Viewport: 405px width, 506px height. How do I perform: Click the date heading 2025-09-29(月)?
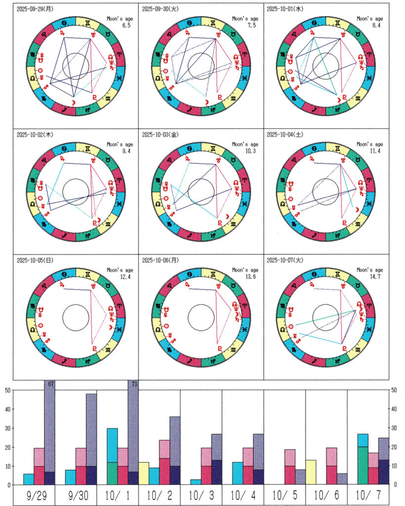pos(36,9)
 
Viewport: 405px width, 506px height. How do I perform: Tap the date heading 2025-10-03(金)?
pos(161,134)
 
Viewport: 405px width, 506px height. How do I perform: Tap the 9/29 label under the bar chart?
pos(34,496)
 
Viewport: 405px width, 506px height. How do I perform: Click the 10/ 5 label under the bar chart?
pos(285,496)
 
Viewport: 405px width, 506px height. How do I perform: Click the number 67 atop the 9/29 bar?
pos(50,384)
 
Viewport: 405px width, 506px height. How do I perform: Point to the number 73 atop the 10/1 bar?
pos(133,384)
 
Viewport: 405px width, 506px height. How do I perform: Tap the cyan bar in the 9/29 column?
pos(28,479)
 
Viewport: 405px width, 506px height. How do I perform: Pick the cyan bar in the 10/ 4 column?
pos(237,473)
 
